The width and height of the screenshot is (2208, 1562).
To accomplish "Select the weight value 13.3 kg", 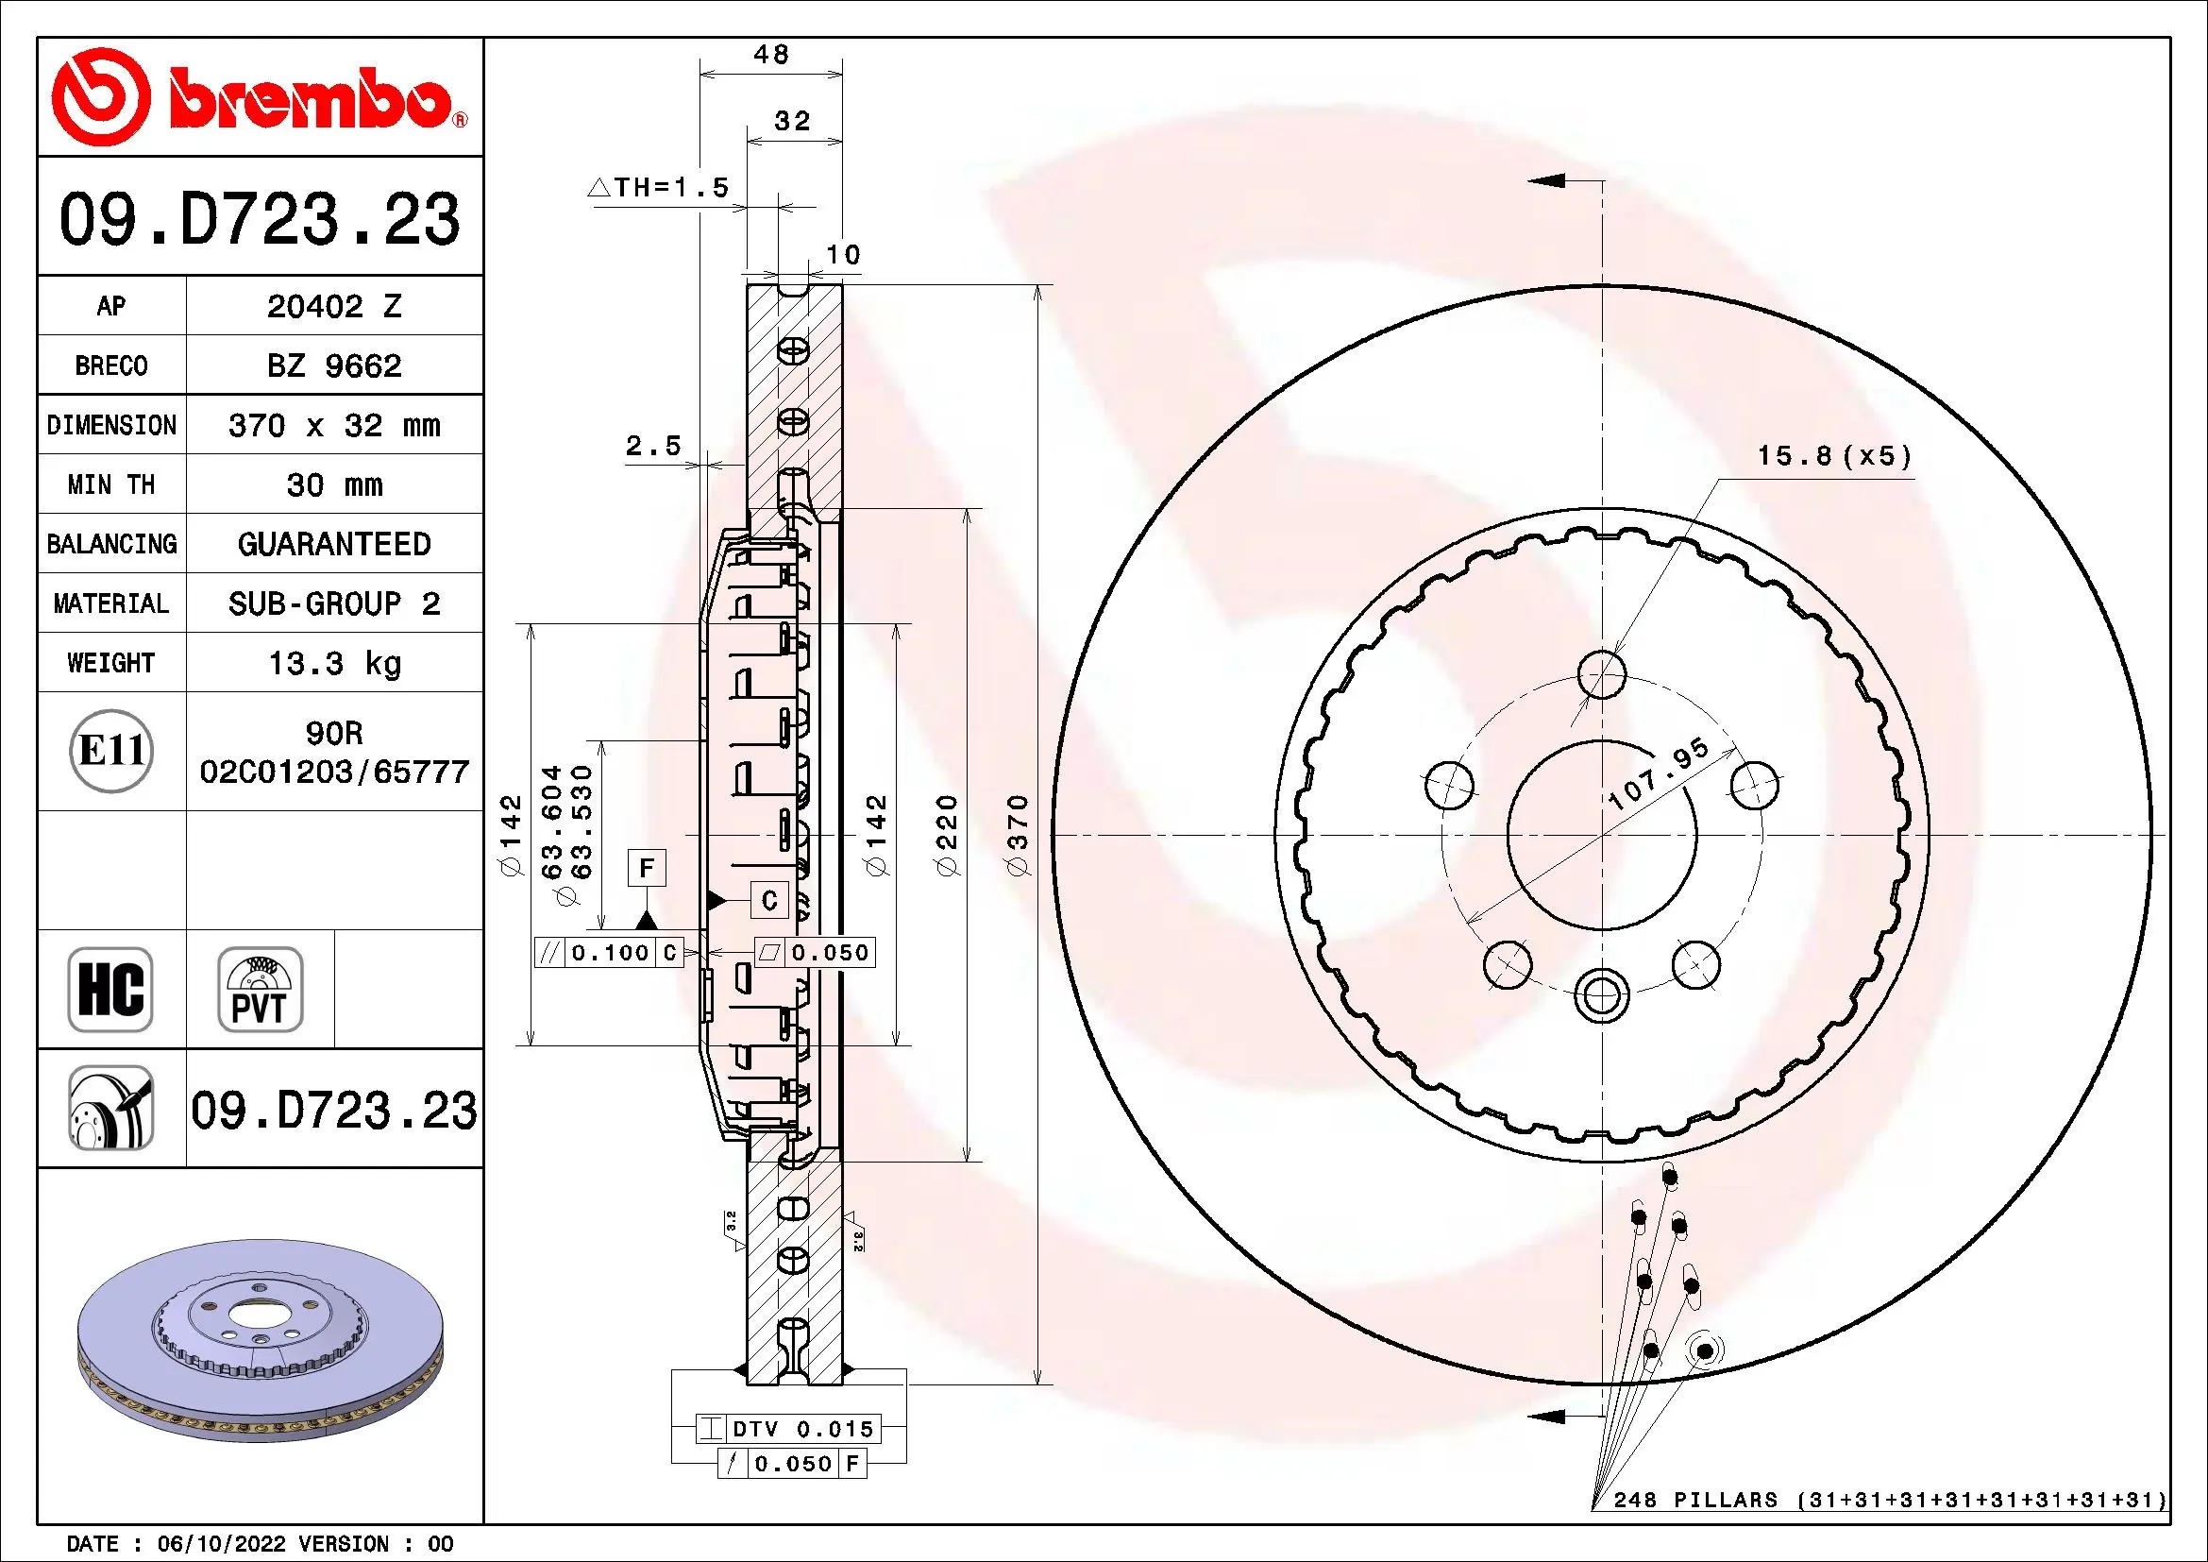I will [x=333, y=663].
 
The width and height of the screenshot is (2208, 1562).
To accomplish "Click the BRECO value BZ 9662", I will [x=333, y=365].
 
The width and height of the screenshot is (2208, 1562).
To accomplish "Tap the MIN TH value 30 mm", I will [x=333, y=484].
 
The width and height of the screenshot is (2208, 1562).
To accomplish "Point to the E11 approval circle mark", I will [x=111, y=750].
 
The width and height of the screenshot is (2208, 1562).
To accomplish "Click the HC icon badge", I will [x=110, y=989].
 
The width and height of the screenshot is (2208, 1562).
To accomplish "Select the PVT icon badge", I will [x=260, y=989].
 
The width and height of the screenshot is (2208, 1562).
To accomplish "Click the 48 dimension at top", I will [x=771, y=55].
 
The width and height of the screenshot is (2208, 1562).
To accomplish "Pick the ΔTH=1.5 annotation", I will [x=659, y=188].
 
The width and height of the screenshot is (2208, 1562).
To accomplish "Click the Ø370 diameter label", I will [x=1018, y=835].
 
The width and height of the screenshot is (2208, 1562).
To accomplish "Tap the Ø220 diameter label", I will [x=947, y=835].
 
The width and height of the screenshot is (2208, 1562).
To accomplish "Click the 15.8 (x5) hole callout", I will [x=1834, y=456].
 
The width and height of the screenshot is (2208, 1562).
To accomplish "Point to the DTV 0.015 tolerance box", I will [x=787, y=1428].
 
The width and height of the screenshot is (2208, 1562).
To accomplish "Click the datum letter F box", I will [x=647, y=869].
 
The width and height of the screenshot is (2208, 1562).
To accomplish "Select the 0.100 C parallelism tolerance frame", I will [x=609, y=952].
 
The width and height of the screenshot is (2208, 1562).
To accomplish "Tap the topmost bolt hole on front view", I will [x=1602, y=673].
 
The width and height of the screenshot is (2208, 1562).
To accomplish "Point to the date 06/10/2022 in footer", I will [x=221, y=1544].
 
